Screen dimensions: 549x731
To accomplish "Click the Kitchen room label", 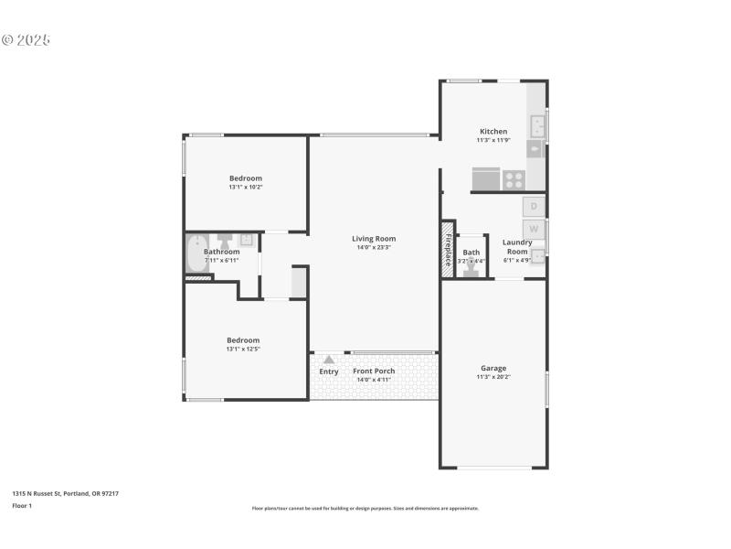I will [x=493, y=131].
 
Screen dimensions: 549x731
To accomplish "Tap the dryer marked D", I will [x=534, y=207].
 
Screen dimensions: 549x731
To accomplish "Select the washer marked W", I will [x=534, y=229].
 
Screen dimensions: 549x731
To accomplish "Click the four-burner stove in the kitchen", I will [x=514, y=179].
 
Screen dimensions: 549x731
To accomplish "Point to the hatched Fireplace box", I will [x=448, y=248].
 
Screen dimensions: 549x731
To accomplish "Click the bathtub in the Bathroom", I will [x=196, y=253].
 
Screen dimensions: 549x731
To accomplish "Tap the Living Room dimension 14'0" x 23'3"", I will [x=374, y=247].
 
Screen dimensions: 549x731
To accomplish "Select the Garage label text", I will [x=493, y=368].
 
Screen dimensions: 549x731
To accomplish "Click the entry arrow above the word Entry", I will [x=329, y=360].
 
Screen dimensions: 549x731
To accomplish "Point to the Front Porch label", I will [x=374, y=371].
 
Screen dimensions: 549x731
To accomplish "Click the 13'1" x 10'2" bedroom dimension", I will [x=245, y=187].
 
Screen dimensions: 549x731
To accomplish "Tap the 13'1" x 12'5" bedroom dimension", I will [x=244, y=349].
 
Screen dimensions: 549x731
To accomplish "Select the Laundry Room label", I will [x=517, y=247].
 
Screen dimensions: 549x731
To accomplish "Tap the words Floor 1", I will [x=22, y=505].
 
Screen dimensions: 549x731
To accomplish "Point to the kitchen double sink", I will [x=537, y=125].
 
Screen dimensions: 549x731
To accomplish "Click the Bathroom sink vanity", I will [x=234, y=242].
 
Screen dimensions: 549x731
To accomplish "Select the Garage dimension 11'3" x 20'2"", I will [x=493, y=377].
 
